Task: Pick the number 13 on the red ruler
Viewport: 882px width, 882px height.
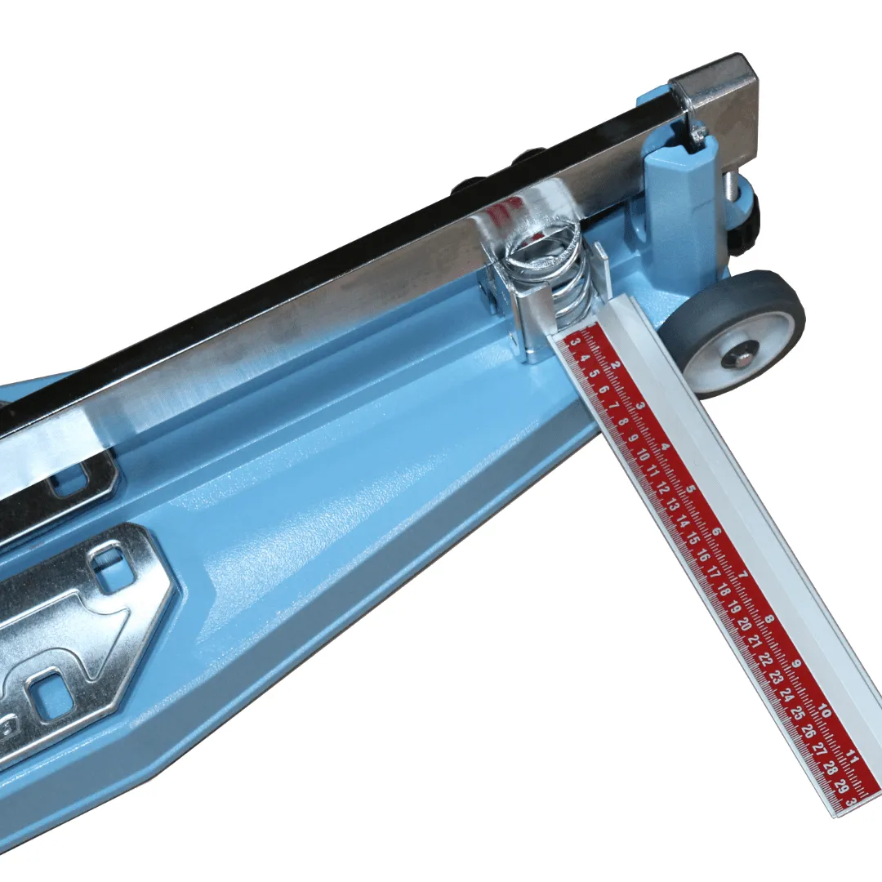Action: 672,506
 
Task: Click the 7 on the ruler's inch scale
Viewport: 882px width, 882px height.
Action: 742,575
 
